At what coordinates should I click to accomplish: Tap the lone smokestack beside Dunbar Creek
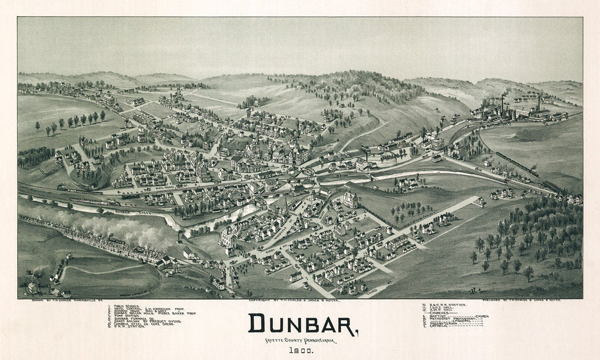tap(179, 236)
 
